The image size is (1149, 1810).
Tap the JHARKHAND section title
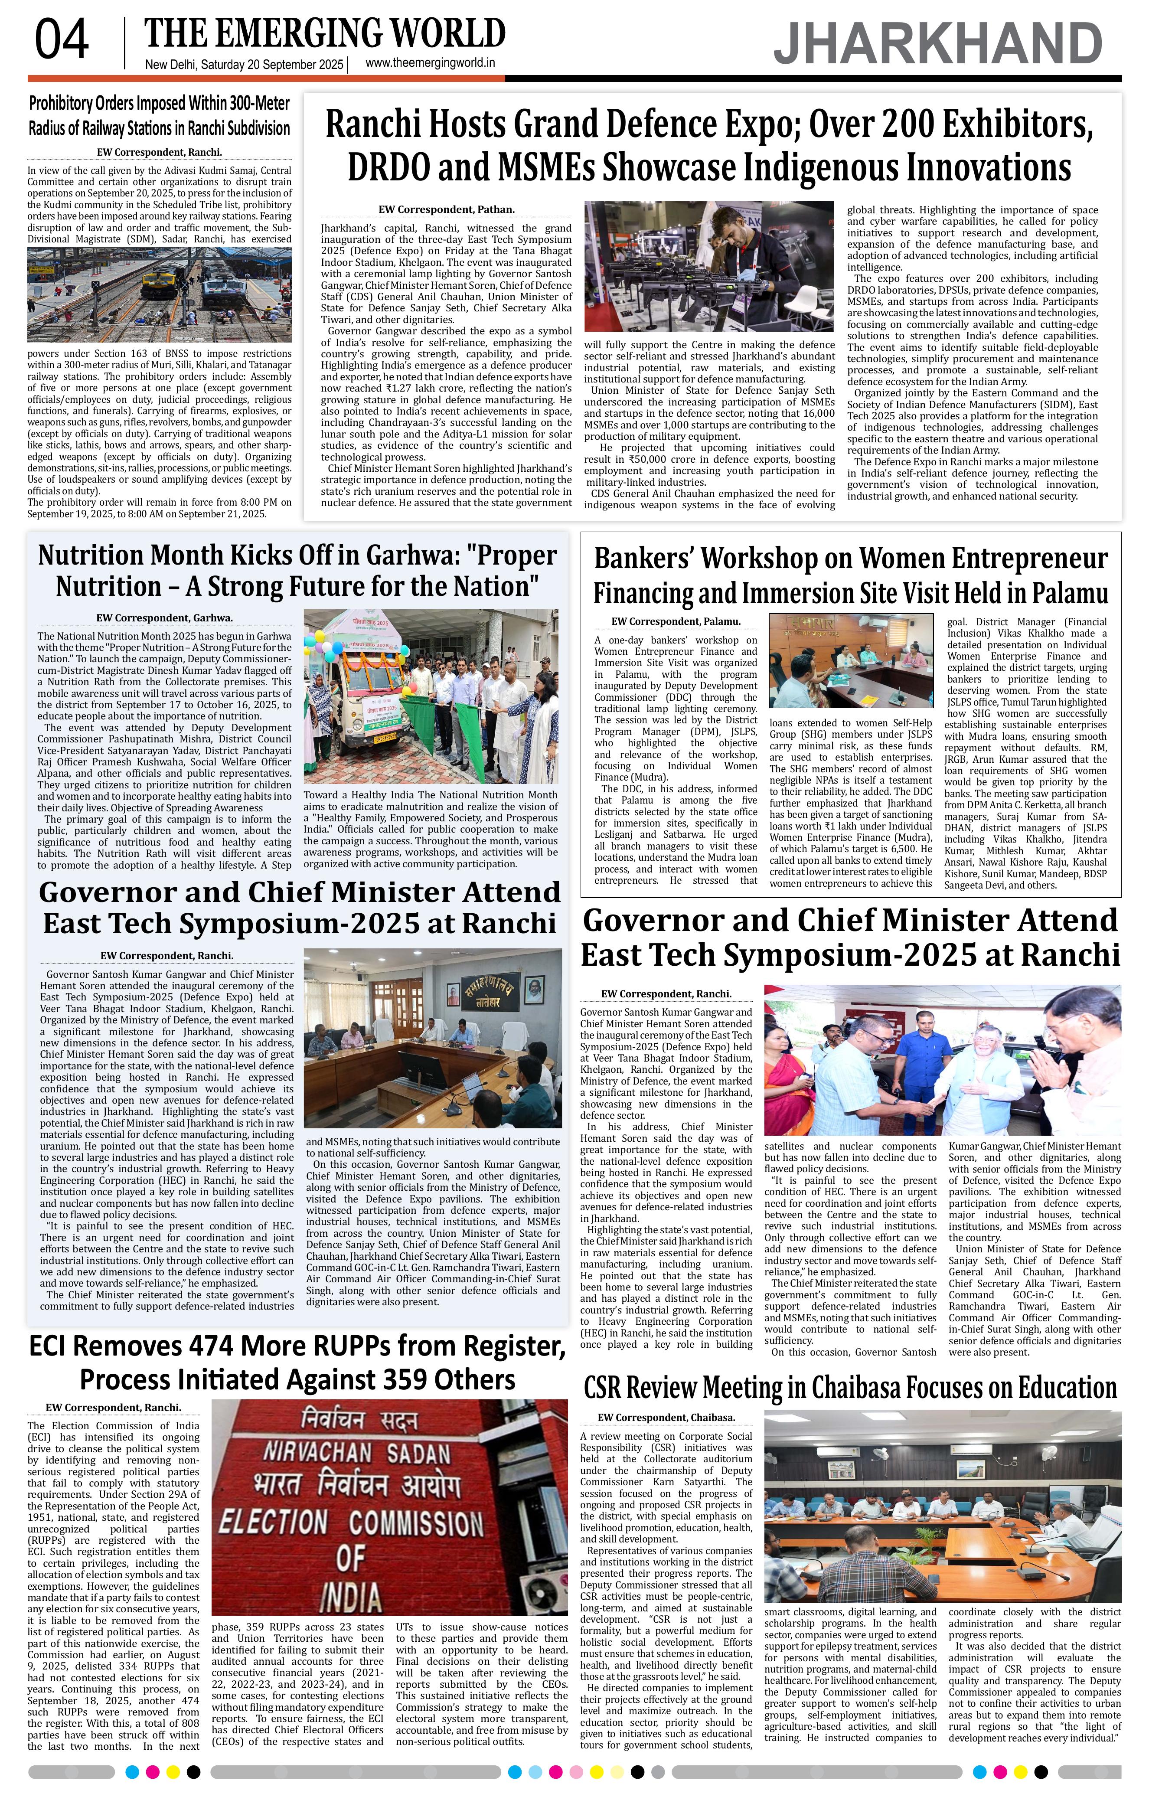(x=938, y=44)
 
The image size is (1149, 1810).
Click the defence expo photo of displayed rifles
(x=708, y=266)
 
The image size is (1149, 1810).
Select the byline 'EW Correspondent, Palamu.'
(x=676, y=622)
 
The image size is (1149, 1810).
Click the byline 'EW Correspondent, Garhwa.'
(x=165, y=618)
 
